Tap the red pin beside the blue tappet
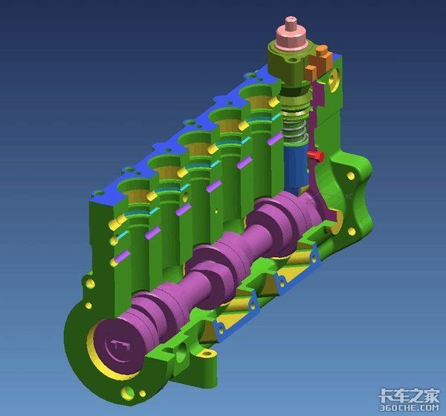click(x=315, y=155)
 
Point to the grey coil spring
click(x=295, y=130)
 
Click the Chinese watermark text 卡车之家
click(x=410, y=395)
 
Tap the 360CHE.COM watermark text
click(x=410, y=408)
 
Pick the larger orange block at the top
click(x=320, y=58)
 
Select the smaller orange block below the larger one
click(x=310, y=72)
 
